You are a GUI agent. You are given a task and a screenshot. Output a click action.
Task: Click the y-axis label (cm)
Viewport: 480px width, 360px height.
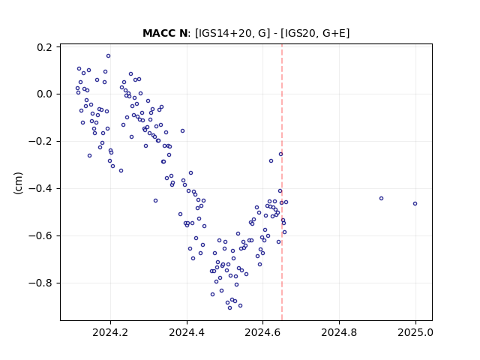(x=18, y=183)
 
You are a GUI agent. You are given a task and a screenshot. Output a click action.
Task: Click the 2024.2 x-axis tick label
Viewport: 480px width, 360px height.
(x=110, y=332)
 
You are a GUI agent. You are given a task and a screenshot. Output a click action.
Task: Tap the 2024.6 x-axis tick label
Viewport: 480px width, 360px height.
(x=262, y=332)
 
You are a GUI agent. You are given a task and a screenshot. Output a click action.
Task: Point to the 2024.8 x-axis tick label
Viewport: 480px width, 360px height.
(x=339, y=332)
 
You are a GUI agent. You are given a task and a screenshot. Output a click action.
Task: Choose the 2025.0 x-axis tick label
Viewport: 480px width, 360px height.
(x=415, y=332)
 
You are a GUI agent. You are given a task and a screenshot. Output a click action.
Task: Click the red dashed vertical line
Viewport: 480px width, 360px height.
(x=282, y=182)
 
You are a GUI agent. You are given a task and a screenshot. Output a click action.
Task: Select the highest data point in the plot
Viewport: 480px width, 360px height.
(x=108, y=56)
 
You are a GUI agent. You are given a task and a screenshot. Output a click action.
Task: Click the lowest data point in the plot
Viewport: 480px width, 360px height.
(x=230, y=308)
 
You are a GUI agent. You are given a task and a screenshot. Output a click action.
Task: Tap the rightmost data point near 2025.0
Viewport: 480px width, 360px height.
(x=415, y=203)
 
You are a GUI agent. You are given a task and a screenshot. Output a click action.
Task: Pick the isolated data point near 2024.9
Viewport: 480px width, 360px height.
(x=382, y=198)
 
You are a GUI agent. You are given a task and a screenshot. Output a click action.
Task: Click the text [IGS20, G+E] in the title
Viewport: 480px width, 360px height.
(x=315, y=33)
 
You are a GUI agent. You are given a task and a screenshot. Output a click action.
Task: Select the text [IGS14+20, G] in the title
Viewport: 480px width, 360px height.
(x=232, y=33)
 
